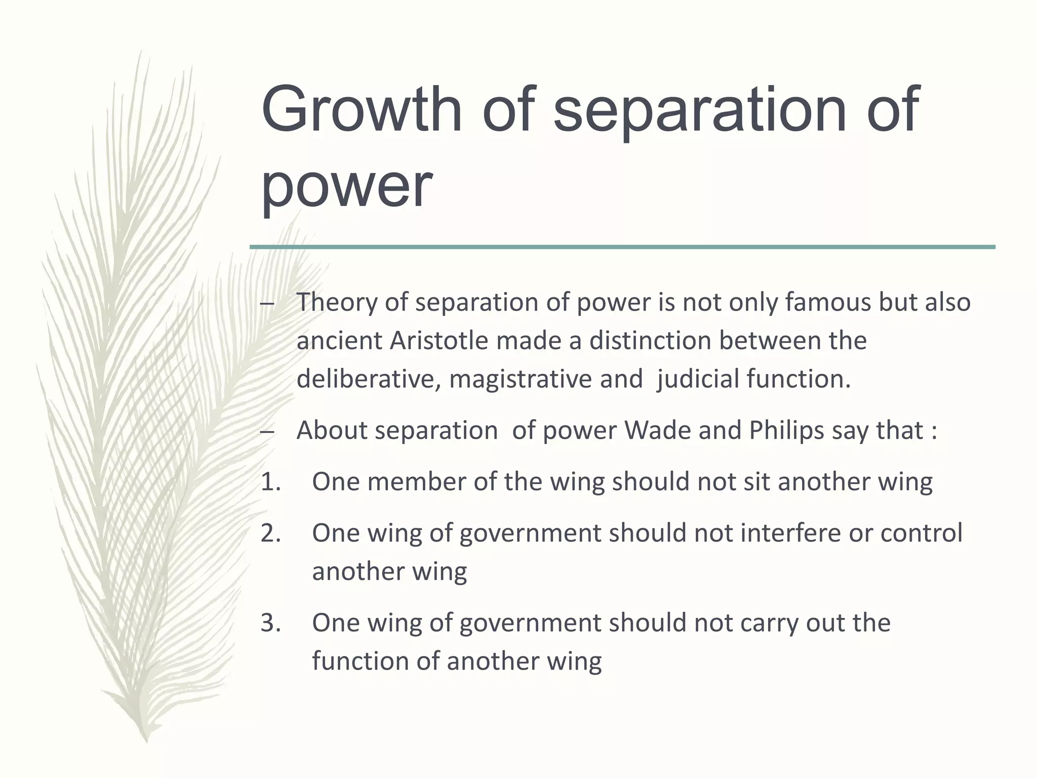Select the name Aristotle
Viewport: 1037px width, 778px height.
pyautogui.click(x=438, y=340)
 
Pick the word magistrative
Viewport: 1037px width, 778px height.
pyautogui.click(x=521, y=379)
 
